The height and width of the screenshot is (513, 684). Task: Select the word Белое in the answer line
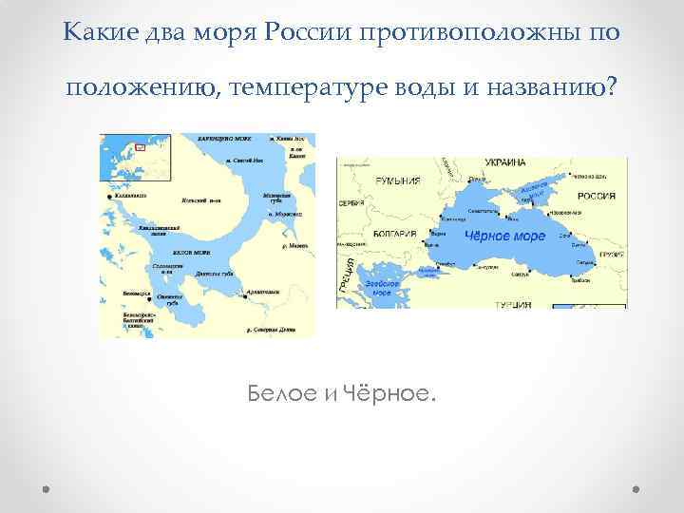pos(282,392)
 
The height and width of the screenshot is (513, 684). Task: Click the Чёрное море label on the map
pos(504,235)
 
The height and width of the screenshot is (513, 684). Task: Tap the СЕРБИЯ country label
pos(351,206)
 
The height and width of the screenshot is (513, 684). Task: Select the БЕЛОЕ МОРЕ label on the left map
pos(191,253)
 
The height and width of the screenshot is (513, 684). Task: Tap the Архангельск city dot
pos(244,297)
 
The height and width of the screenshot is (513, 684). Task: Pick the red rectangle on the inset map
pos(140,146)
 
